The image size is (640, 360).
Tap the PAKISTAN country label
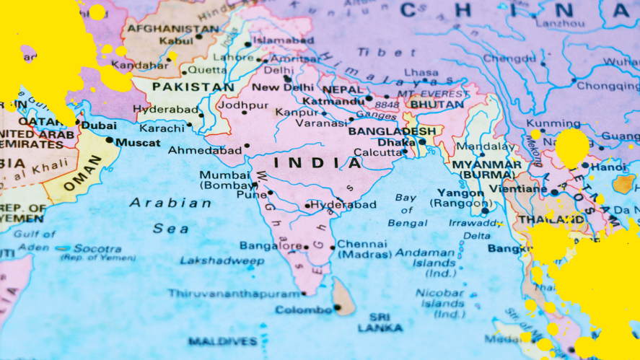pyautogui.click(x=193, y=87)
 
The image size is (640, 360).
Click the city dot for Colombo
pyautogui.click(x=337, y=308)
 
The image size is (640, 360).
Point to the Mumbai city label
pyautogui.click(x=224, y=175)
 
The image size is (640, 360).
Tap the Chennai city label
pyautogui.click(x=362, y=244)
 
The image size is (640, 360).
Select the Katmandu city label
pyautogui.click(x=333, y=101)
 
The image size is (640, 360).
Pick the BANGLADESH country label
pyautogui.click(x=392, y=131)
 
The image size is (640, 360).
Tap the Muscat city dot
pyautogui.click(x=110, y=139)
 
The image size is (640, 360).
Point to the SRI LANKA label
pyautogui.click(x=380, y=322)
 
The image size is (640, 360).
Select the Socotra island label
pyautogui.click(x=97, y=248)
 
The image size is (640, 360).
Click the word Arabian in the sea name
pyautogui.click(x=170, y=203)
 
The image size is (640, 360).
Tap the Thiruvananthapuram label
pyautogui.click(x=234, y=294)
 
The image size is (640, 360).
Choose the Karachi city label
pyautogui.click(x=162, y=128)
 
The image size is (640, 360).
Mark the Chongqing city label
pyautogui.click(x=608, y=85)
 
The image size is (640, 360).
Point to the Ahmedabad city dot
pyautogui.click(x=247, y=146)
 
